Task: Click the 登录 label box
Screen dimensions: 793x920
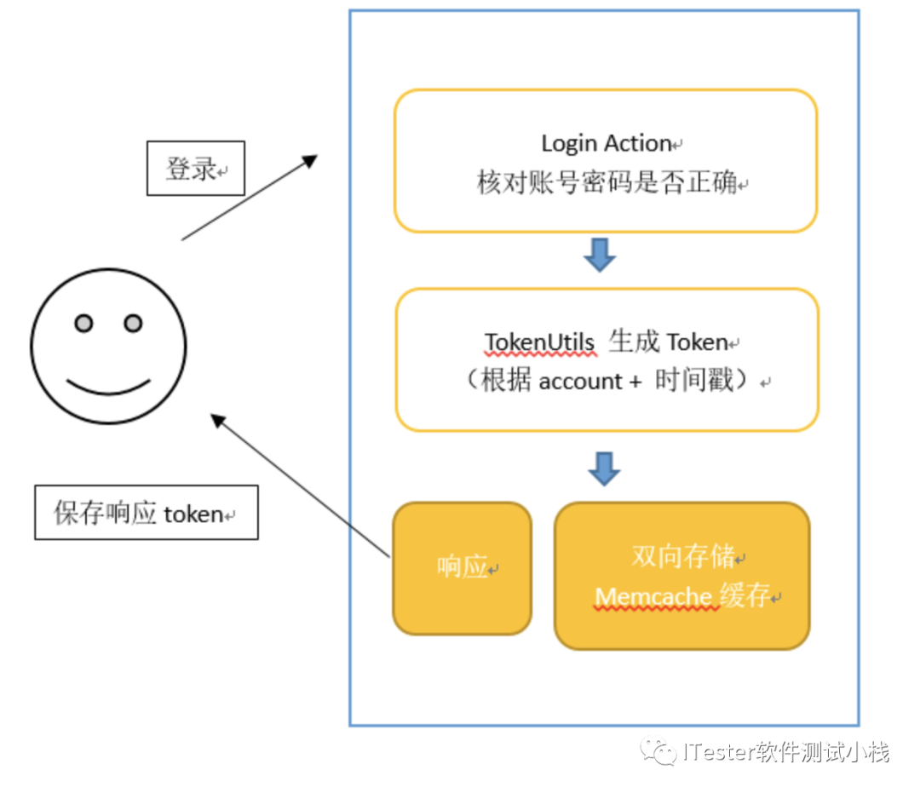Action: (x=196, y=169)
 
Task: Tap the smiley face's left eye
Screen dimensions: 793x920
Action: (x=83, y=324)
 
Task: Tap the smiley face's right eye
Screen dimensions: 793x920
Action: (x=133, y=324)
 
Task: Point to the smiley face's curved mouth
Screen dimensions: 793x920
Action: (x=108, y=388)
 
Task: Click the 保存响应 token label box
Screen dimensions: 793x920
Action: (x=146, y=513)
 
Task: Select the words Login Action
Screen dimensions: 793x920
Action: (x=607, y=143)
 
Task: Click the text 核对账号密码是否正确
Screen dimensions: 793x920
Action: (x=607, y=183)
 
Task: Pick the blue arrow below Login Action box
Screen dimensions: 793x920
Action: (x=600, y=255)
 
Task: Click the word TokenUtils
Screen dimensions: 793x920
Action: (x=539, y=342)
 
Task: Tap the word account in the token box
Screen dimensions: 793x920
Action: (x=581, y=382)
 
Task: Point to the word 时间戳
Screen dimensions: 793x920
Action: (x=694, y=381)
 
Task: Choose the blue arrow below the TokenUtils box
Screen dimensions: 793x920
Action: (x=604, y=468)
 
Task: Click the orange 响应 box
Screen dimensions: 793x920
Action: (x=462, y=568)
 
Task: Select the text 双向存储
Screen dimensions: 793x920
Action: (x=682, y=557)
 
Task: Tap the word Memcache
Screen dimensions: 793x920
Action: (x=653, y=596)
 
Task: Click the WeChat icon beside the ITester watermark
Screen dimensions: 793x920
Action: (x=661, y=751)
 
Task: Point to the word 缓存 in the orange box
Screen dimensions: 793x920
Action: (x=745, y=595)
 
